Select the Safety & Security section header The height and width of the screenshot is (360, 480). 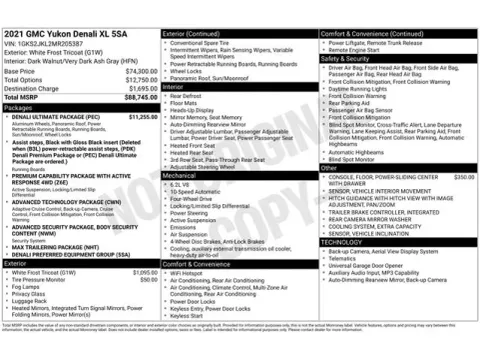(345, 58)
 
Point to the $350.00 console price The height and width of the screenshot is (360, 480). (464, 176)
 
